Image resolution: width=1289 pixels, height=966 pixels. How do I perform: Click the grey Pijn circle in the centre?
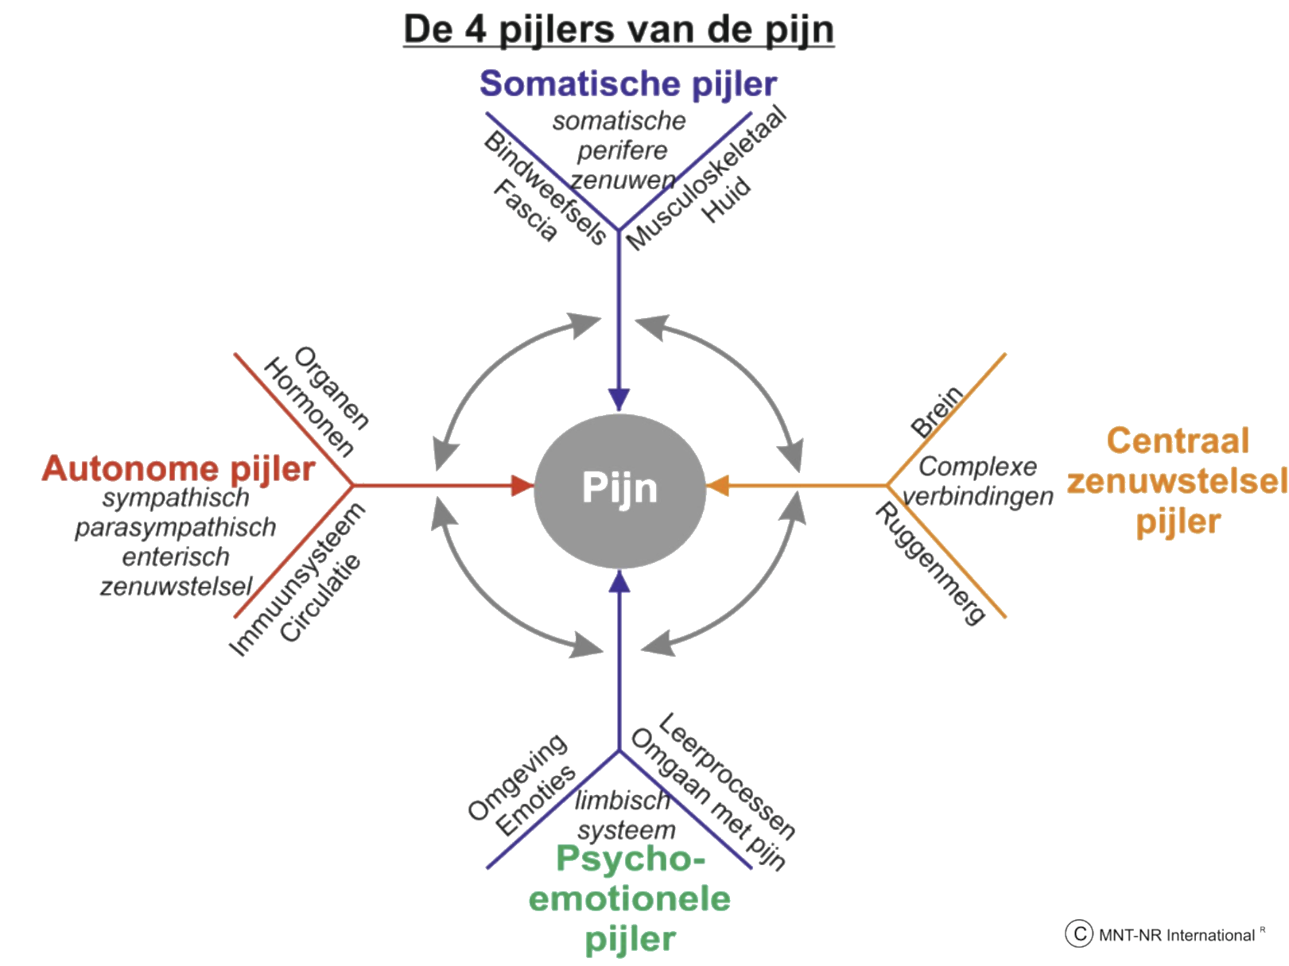click(x=619, y=487)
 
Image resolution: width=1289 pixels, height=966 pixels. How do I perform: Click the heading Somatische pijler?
click(x=628, y=83)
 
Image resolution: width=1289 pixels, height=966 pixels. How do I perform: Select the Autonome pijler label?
click(x=178, y=469)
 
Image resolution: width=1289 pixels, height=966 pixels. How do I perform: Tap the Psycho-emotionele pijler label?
click(x=629, y=898)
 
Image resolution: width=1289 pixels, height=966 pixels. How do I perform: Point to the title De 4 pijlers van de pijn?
click(x=619, y=30)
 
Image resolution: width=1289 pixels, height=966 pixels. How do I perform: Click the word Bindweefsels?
click(x=545, y=188)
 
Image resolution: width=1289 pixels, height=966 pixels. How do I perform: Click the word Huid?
click(x=728, y=200)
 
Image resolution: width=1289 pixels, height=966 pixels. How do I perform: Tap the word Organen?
click(x=332, y=388)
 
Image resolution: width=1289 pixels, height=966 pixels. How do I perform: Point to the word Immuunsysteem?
click(x=297, y=580)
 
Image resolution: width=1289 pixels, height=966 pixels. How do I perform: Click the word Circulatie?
click(x=321, y=598)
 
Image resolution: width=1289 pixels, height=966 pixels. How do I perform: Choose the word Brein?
click(x=937, y=412)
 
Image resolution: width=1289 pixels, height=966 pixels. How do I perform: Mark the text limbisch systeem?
click(x=626, y=816)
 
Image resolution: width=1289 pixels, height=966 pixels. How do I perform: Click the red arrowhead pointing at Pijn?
click(x=522, y=484)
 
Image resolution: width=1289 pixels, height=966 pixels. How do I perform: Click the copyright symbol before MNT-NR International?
click(x=1077, y=934)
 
